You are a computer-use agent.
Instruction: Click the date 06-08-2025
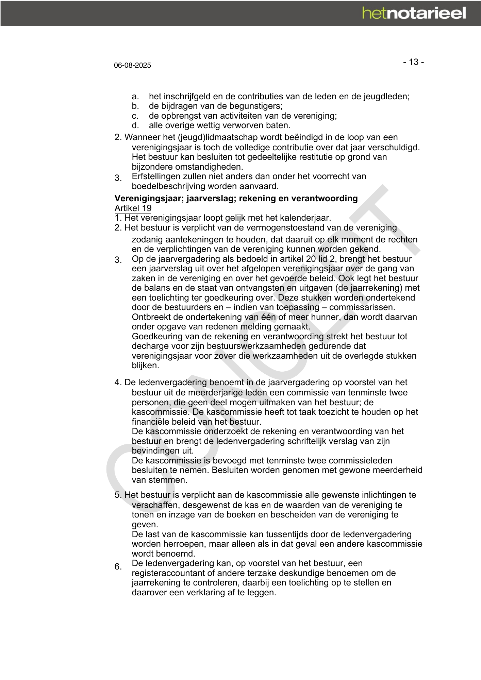(132, 65)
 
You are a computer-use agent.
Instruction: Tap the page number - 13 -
(413, 62)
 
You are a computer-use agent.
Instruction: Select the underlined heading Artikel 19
(133, 208)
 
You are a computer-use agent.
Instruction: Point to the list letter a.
(135, 97)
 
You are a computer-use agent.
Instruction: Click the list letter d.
(135, 125)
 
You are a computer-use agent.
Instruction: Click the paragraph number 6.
(118, 567)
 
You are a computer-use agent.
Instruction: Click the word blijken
(145, 366)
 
